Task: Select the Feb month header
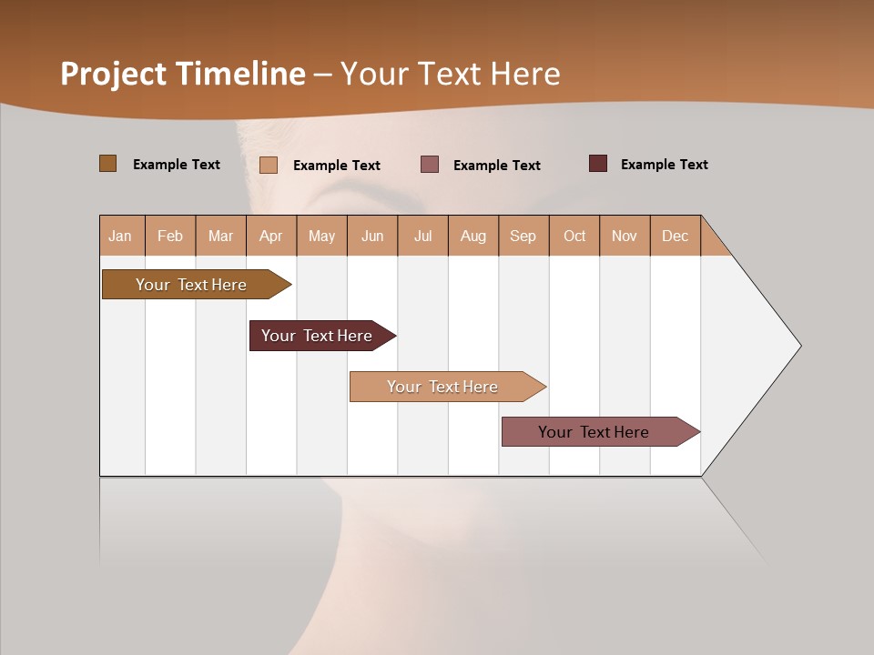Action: (x=170, y=236)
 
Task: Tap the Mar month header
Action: (x=220, y=236)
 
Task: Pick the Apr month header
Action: (x=271, y=236)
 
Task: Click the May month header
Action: (x=321, y=236)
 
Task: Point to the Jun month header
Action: (x=372, y=236)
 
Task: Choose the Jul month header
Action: (x=422, y=236)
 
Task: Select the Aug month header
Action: (x=473, y=236)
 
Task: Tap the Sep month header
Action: (x=523, y=236)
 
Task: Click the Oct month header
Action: (x=574, y=236)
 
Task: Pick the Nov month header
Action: (x=625, y=236)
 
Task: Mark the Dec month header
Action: (x=676, y=236)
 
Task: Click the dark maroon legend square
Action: (x=598, y=164)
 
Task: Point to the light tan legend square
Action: (x=269, y=165)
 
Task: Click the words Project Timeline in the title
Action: (x=183, y=74)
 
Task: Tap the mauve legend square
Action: (x=430, y=165)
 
